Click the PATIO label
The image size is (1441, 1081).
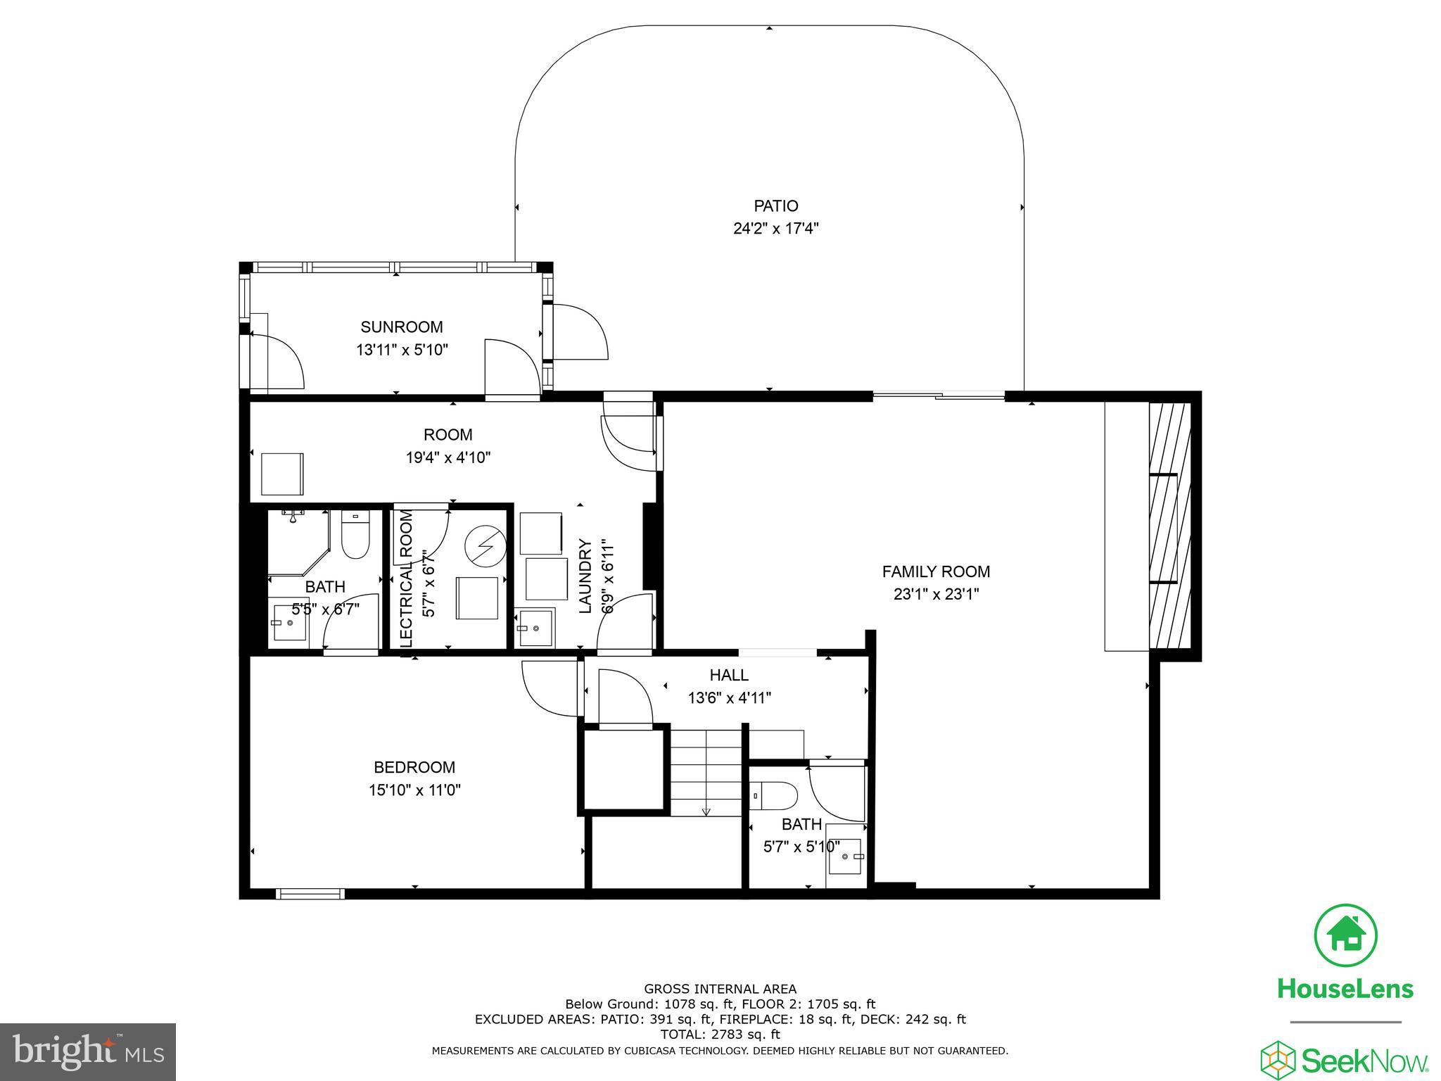775,206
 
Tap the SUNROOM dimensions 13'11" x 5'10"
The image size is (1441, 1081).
402,350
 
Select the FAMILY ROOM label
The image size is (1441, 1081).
936,571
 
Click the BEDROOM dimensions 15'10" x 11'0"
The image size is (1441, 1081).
414,790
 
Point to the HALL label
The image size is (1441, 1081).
729,676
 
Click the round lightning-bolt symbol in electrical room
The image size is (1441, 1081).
485,545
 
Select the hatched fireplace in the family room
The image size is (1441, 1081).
1169,526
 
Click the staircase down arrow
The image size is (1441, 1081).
706,811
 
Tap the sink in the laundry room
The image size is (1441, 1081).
535,627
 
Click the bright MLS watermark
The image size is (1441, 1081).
87,1052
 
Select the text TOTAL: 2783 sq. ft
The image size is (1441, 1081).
720,1035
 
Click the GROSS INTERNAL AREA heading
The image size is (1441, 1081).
720,989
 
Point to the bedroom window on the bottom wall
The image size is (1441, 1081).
310,894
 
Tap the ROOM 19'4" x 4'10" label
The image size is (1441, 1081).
448,445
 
